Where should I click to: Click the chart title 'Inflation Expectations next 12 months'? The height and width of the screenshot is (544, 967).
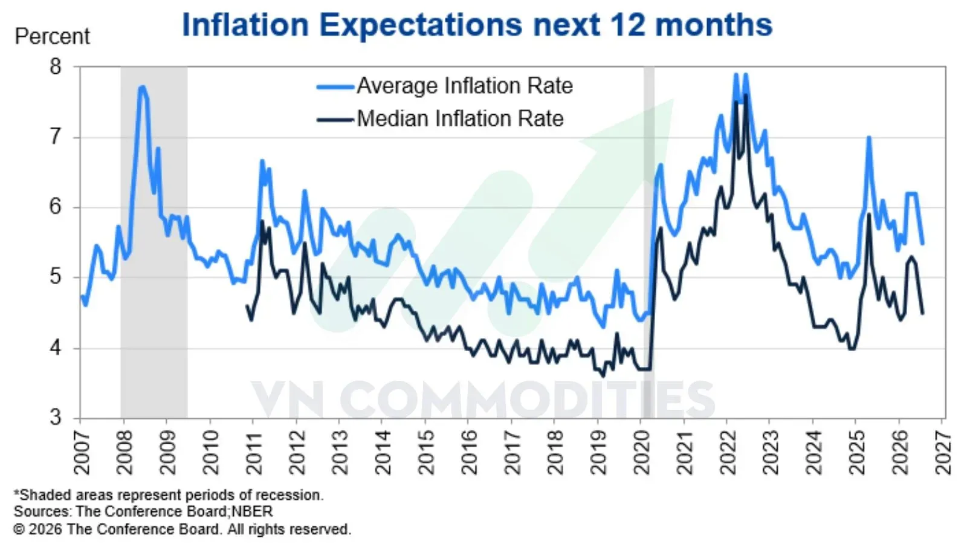(x=477, y=25)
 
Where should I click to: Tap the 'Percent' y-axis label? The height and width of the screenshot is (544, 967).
(x=52, y=36)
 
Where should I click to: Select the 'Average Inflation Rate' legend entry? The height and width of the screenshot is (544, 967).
(x=445, y=85)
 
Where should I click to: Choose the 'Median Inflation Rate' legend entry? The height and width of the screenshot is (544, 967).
(x=441, y=118)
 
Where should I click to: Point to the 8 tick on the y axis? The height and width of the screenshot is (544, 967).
(x=56, y=66)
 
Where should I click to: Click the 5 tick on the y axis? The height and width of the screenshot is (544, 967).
(x=56, y=277)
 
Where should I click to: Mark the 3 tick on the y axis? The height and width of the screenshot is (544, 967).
(x=56, y=417)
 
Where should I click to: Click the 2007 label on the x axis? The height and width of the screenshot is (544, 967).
(x=82, y=453)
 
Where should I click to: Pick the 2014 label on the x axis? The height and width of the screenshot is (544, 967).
(x=383, y=453)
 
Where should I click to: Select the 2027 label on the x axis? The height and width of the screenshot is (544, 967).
(x=943, y=453)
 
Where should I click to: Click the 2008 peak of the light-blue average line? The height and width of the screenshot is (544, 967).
(x=142, y=87)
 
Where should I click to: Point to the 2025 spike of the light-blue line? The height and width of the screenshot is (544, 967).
(x=869, y=138)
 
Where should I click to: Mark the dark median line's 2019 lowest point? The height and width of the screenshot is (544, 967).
(x=603, y=376)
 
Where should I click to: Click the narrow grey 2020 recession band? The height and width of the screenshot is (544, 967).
(x=649, y=242)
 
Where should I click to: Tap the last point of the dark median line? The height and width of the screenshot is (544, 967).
(x=922, y=314)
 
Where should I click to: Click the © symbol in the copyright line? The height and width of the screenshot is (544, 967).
(x=19, y=529)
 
